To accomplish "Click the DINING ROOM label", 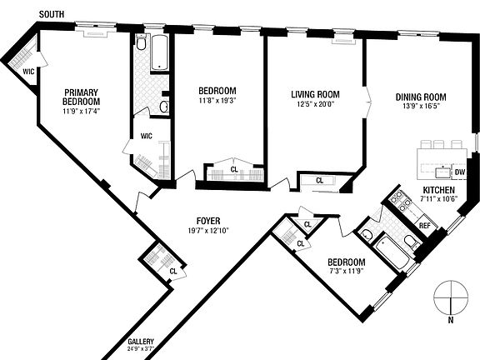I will pos(422,96).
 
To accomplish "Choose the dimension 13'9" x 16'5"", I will pos(422,106).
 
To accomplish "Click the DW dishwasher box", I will pos(459,172).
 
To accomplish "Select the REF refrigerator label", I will pos(424,225).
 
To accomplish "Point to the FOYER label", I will pos(197,221).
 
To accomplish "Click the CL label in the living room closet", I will pos(319,180).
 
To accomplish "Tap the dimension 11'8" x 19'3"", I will pos(217,101).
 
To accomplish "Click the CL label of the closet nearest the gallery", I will pos(172,271).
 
